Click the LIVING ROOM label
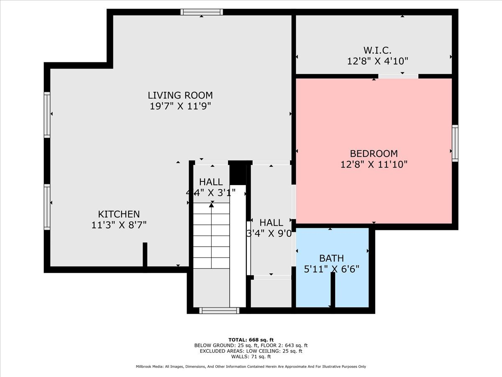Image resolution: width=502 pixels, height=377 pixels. (180, 95)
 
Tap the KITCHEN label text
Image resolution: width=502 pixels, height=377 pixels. (119, 214)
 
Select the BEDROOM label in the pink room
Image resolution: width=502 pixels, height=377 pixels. (374, 153)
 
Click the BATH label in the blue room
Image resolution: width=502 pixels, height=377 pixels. (331, 258)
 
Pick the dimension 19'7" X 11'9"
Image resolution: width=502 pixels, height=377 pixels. (180, 106)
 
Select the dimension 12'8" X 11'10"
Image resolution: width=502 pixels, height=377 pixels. (374, 164)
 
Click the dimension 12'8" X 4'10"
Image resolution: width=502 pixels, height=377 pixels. (377, 61)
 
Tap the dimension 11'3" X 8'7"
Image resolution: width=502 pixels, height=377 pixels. (119, 225)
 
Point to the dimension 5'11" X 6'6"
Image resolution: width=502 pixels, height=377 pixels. (331, 269)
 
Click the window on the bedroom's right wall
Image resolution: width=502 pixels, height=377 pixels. (455, 143)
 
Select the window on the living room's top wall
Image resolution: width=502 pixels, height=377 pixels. (202, 12)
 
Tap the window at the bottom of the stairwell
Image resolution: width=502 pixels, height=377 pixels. (219, 310)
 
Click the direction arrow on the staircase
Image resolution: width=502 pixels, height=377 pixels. (211, 205)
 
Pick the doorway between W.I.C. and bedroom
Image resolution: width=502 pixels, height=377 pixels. (398, 76)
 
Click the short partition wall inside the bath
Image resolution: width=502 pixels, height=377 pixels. (333, 289)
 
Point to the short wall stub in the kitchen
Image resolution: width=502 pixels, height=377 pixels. (145, 254)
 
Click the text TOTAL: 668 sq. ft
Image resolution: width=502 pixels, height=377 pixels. (251, 340)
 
